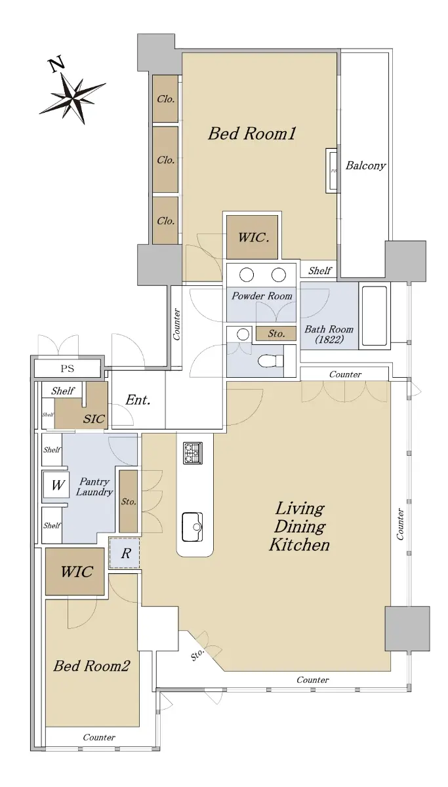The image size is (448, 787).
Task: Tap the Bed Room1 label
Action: pyautogui.click(x=252, y=134)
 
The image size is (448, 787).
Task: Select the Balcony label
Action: pyautogui.click(x=365, y=165)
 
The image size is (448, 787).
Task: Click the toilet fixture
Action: pyautogui.click(x=270, y=361)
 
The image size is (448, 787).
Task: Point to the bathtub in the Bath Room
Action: pyautogui.click(x=375, y=315)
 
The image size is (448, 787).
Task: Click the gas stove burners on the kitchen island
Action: pyautogui.click(x=193, y=453)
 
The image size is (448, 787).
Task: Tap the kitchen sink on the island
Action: pyautogui.click(x=192, y=527)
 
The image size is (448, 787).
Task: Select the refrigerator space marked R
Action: pyautogui.click(x=125, y=554)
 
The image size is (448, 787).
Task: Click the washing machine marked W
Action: pyautogui.click(x=56, y=485)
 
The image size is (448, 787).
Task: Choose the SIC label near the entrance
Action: pyautogui.click(x=94, y=419)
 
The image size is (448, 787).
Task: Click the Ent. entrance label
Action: pyautogui.click(x=138, y=400)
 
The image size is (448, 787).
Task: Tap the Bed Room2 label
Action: pyautogui.click(x=92, y=666)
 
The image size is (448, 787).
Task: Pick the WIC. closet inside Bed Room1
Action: pyautogui.click(x=253, y=237)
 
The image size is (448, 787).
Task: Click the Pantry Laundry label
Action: pyautogui.click(x=94, y=487)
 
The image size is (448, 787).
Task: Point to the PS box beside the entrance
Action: pyautogui.click(x=68, y=369)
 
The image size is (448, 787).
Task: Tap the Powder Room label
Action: pyautogui.click(x=262, y=296)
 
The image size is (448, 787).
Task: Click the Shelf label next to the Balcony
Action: pyautogui.click(x=319, y=270)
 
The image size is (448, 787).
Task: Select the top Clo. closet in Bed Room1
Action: pyautogui.click(x=165, y=99)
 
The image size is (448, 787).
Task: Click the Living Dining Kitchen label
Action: pyautogui.click(x=299, y=527)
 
